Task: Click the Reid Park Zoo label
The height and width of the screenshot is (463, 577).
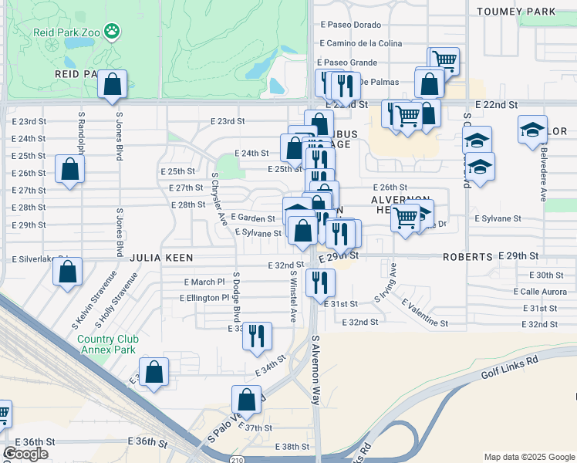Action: (67, 32)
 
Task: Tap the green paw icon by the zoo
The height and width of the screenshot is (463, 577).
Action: (113, 32)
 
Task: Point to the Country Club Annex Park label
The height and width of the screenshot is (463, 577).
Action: (106, 344)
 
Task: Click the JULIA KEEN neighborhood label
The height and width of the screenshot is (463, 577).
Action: (160, 257)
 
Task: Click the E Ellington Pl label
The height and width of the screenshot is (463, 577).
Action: (204, 298)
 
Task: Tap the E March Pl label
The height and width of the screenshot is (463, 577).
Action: (204, 282)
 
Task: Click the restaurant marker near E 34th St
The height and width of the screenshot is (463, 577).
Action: (258, 336)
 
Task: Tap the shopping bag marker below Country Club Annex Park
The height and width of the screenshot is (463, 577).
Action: (154, 371)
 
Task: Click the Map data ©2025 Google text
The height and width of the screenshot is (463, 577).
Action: (528, 457)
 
